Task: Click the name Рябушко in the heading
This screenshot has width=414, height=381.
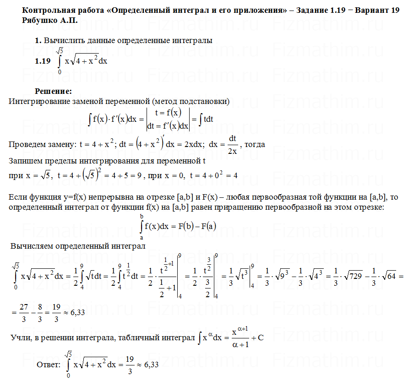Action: (39, 21)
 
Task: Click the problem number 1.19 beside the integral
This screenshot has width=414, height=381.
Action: (43, 61)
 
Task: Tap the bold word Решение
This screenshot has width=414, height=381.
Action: (54, 91)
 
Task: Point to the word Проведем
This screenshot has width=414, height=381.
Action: (26, 145)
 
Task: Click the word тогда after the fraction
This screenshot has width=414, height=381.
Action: (255, 144)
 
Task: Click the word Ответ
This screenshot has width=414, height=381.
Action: (48, 365)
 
